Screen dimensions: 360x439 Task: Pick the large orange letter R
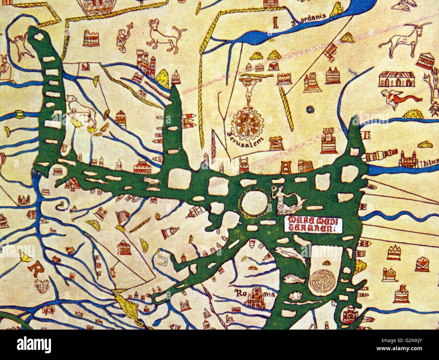click(34, 268)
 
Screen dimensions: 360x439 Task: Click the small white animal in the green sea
click(151, 182)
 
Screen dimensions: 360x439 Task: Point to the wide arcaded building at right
click(396, 79)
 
